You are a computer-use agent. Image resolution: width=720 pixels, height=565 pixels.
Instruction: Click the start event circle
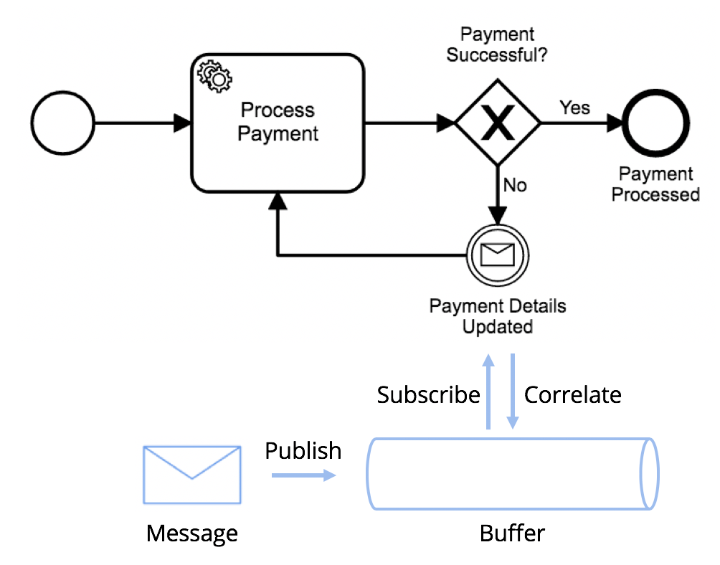(x=63, y=123)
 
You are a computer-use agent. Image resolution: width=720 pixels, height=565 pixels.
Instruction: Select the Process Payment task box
(x=278, y=123)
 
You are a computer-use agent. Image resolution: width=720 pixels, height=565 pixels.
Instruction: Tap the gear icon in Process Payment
(x=212, y=75)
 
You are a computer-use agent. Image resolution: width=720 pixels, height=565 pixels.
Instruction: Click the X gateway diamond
(x=498, y=123)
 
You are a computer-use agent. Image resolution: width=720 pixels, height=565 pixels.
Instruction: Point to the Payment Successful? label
(x=497, y=44)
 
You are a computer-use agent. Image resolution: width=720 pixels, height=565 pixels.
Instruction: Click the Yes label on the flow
(x=574, y=108)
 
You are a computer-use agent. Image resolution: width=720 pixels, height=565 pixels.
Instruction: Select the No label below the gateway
(x=514, y=186)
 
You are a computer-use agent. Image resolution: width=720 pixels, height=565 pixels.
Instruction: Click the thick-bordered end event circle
(x=655, y=123)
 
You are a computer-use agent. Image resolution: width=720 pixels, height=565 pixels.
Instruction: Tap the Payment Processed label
(x=655, y=184)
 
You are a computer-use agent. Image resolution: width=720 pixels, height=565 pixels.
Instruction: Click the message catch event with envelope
(x=497, y=255)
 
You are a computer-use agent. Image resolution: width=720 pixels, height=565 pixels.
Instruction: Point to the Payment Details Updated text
(x=497, y=316)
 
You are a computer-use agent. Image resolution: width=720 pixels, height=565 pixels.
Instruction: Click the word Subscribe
(x=428, y=395)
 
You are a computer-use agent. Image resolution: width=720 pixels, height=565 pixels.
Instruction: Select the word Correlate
(x=573, y=395)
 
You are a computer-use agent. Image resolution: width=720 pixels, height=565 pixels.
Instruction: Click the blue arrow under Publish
(x=303, y=475)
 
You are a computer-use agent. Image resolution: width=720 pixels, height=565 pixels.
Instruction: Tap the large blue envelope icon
(x=192, y=474)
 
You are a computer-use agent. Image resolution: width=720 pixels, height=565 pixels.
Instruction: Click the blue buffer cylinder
(x=512, y=474)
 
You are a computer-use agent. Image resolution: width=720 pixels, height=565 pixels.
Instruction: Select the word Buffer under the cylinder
(x=512, y=533)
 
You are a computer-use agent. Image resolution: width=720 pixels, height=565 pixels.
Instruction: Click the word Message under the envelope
(x=191, y=533)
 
